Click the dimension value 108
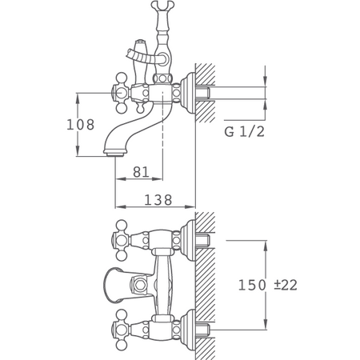81,125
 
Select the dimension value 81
141,172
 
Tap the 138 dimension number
158,200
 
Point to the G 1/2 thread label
244,132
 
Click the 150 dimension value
252,285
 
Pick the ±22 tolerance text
286,285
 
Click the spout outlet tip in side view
114,154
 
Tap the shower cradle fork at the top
162,6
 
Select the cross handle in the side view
121,93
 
